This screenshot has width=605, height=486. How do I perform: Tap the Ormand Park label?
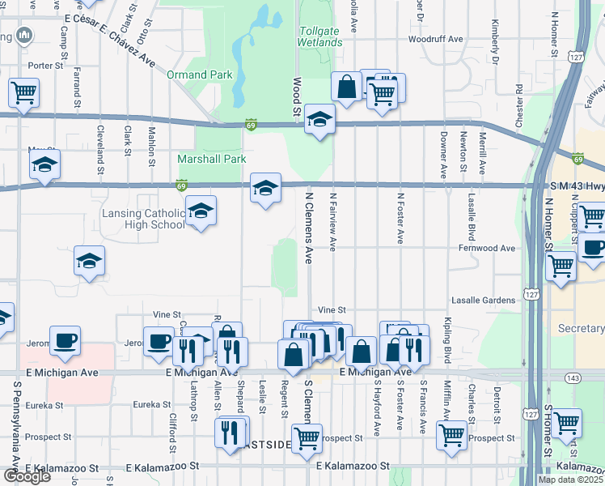[x=200, y=75]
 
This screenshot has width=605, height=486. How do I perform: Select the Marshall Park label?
[x=211, y=160]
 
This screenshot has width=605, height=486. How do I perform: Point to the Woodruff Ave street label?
[x=435, y=39]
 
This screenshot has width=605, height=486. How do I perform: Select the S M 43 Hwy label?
[x=570, y=187]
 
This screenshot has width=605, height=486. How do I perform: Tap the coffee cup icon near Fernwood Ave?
[x=593, y=248]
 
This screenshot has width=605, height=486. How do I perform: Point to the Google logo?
[x=27, y=476]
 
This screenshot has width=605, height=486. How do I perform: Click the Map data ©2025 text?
[x=570, y=480]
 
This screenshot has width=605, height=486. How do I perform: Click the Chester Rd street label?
[x=518, y=104]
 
